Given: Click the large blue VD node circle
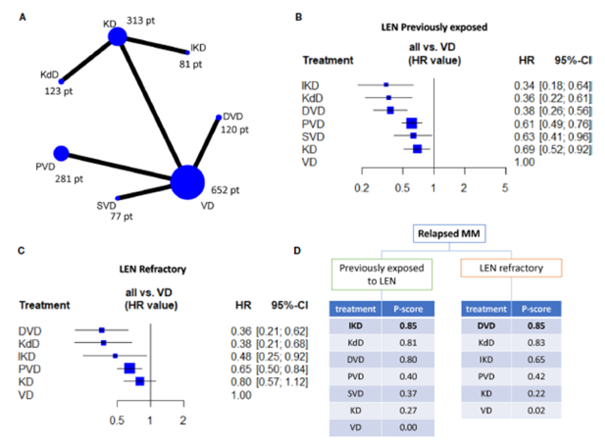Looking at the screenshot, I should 187,182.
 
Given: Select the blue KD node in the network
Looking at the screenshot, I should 117,37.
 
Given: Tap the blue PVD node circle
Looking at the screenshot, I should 61,153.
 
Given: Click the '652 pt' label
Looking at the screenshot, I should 225,190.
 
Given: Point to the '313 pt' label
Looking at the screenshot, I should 141,21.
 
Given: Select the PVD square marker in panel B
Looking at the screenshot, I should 412,123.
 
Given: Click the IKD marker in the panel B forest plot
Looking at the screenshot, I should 386,85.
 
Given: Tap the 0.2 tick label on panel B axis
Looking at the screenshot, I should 361,188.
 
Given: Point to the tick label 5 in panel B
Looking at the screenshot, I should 505,188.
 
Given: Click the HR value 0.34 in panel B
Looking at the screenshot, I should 524,85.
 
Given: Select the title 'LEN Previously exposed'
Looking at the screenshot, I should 434,27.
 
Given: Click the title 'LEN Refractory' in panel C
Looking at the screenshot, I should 153,269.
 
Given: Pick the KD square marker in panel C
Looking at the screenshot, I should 140,381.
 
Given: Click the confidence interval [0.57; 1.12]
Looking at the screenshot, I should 282,382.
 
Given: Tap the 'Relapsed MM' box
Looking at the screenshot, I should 449,234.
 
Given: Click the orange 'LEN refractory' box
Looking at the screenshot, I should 511,268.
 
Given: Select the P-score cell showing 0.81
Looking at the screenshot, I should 408,343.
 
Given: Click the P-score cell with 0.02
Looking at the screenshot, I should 536,411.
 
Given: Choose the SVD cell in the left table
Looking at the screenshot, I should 355,394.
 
